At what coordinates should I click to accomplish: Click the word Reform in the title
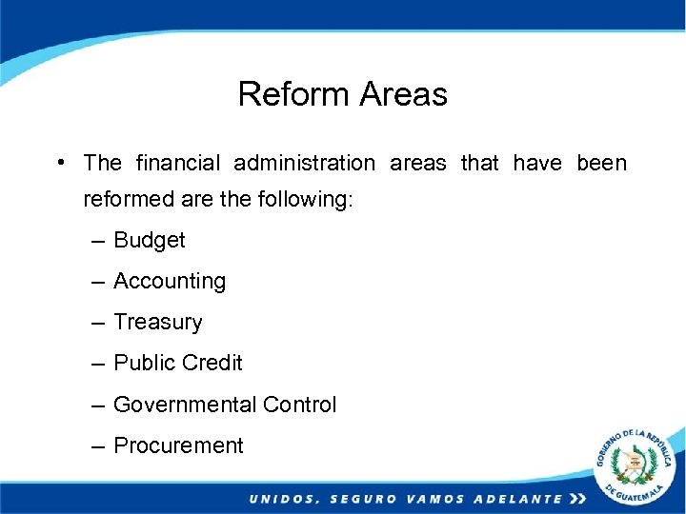click(294, 94)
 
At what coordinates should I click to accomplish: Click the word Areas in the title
click(403, 94)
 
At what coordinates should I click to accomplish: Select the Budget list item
click(149, 240)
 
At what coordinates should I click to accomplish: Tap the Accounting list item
click(169, 281)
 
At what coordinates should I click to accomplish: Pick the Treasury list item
click(157, 322)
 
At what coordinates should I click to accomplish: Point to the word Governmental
click(185, 405)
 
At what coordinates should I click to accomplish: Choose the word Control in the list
click(299, 405)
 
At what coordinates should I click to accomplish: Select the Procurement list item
click(178, 445)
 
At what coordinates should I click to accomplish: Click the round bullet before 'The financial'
click(60, 162)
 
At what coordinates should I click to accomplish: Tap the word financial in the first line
click(179, 163)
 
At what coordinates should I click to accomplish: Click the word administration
click(305, 163)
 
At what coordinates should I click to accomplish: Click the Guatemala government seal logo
click(635, 465)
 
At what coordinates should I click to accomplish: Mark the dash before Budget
click(99, 241)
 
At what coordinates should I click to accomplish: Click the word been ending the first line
click(601, 163)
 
